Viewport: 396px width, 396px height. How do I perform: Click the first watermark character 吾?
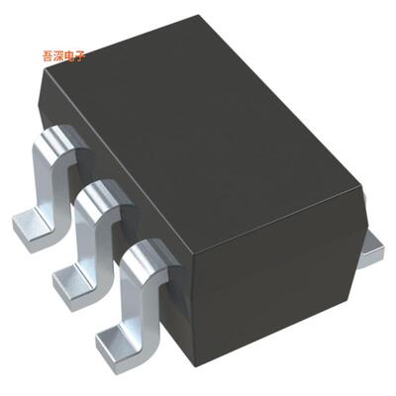point(49,56)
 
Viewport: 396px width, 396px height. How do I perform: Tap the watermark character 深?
point(61,56)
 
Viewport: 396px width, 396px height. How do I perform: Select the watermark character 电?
point(72,56)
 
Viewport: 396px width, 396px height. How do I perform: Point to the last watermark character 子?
point(82,56)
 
